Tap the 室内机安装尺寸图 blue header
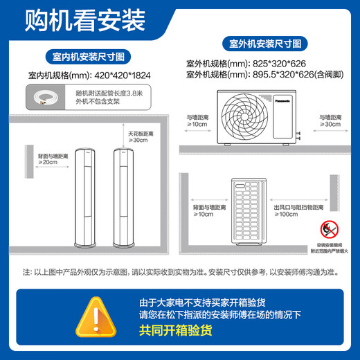(89, 55)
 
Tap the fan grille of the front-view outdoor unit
(246, 115)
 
